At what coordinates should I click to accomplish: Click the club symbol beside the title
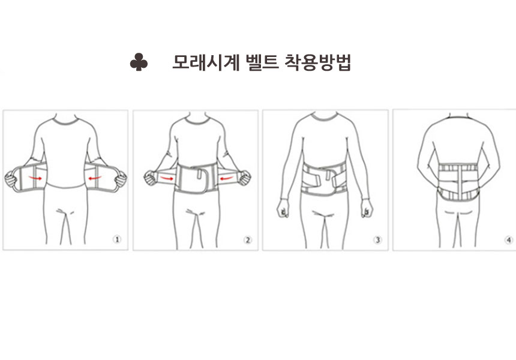pyautogui.click(x=139, y=62)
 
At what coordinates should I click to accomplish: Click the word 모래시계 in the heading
pyautogui.click(x=206, y=62)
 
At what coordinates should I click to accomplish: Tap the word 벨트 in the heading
pyautogui.click(x=262, y=62)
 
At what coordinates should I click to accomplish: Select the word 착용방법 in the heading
pyautogui.click(x=318, y=62)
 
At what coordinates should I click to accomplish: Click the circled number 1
pyautogui.click(x=117, y=239)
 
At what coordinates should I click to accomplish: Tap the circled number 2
pyautogui.click(x=247, y=240)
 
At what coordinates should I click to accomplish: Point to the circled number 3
pyautogui.click(x=378, y=240)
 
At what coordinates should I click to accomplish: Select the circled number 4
pyautogui.click(x=509, y=240)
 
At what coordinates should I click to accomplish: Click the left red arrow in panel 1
pyautogui.click(x=35, y=178)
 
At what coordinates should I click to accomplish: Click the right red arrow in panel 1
pyautogui.click(x=95, y=178)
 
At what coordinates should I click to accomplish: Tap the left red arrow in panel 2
pyautogui.click(x=167, y=178)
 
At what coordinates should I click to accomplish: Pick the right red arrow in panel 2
pyautogui.click(x=227, y=178)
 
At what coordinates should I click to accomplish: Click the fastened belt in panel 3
pyautogui.click(x=324, y=179)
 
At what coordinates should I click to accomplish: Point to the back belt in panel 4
pyautogui.click(x=458, y=181)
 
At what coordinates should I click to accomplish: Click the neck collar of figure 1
pyautogui.click(x=66, y=121)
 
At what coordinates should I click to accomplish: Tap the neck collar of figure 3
pyautogui.click(x=325, y=117)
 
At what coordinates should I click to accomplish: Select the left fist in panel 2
pyautogui.click(x=150, y=178)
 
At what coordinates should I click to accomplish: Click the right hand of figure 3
pyautogui.click(x=367, y=208)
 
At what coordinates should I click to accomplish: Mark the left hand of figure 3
pyautogui.click(x=283, y=208)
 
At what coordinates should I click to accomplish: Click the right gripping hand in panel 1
pyautogui.click(x=121, y=179)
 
